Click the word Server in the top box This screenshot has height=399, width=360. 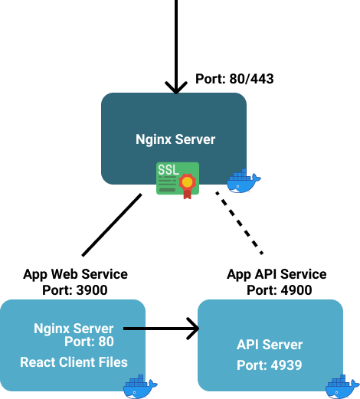195,139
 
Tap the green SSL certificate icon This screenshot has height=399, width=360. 177,179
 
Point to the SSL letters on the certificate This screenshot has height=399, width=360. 169,168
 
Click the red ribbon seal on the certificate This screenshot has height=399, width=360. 187,185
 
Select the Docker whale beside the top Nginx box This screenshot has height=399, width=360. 243,182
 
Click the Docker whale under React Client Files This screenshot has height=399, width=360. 139,387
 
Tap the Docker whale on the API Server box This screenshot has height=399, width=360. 342,387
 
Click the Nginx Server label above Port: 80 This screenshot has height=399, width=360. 74,329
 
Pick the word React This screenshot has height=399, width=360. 38,362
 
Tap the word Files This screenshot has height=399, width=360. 113,362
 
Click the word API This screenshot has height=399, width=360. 248,345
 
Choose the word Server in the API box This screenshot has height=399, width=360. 283,345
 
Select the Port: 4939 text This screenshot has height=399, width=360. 270,365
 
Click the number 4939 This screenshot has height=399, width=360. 286,365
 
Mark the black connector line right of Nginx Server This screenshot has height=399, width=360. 134,329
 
